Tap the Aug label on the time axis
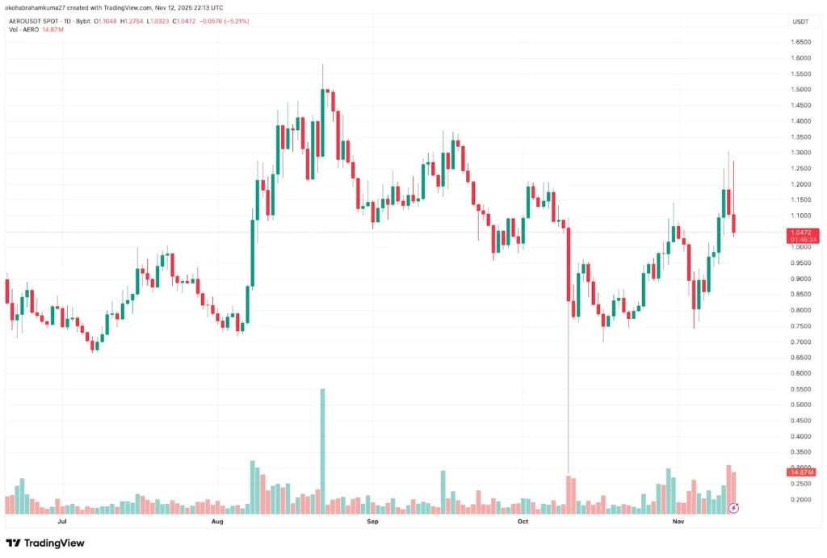pos(217,522)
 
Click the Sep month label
pos(372,522)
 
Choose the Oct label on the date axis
pos(523,522)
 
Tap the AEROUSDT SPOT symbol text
pos(32,19)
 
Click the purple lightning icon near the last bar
pos(734,507)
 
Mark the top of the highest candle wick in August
pos(323,64)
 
